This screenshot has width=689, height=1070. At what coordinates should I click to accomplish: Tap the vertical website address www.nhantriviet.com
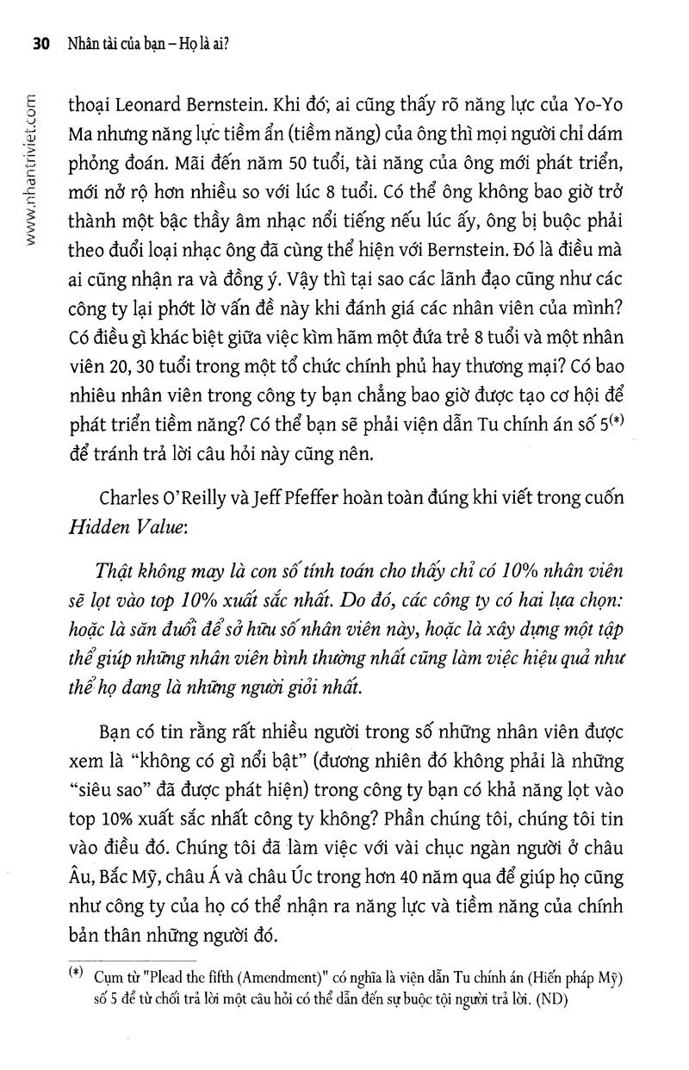[x=30, y=163]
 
